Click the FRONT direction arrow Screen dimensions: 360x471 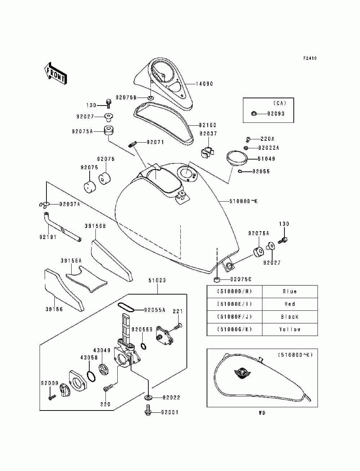(55, 73)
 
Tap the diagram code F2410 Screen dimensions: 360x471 (310, 58)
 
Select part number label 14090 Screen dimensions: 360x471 (204, 84)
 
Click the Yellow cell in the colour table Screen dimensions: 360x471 (290, 329)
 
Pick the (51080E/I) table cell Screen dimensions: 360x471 (234, 304)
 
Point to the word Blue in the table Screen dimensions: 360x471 (290, 291)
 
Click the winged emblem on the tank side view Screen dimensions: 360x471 (242, 374)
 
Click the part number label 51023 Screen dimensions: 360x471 (157, 280)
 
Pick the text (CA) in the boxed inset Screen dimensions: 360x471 (280, 103)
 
